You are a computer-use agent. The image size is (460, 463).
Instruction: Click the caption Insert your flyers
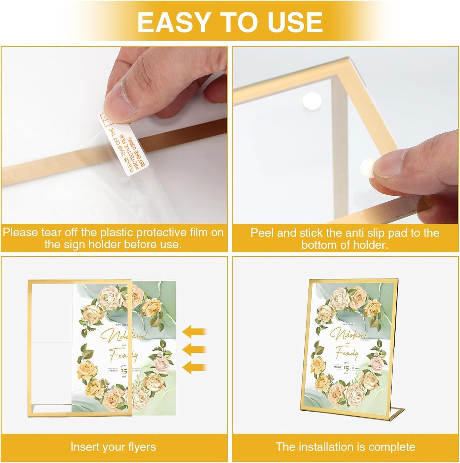click(x=113, y=447)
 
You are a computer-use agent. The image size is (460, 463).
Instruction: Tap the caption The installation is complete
click(x=345, y=447)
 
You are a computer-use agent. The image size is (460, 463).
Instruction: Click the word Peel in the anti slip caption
click(x=262, y=233)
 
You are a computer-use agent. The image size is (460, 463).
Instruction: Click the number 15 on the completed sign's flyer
click(x=346, y=368)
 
